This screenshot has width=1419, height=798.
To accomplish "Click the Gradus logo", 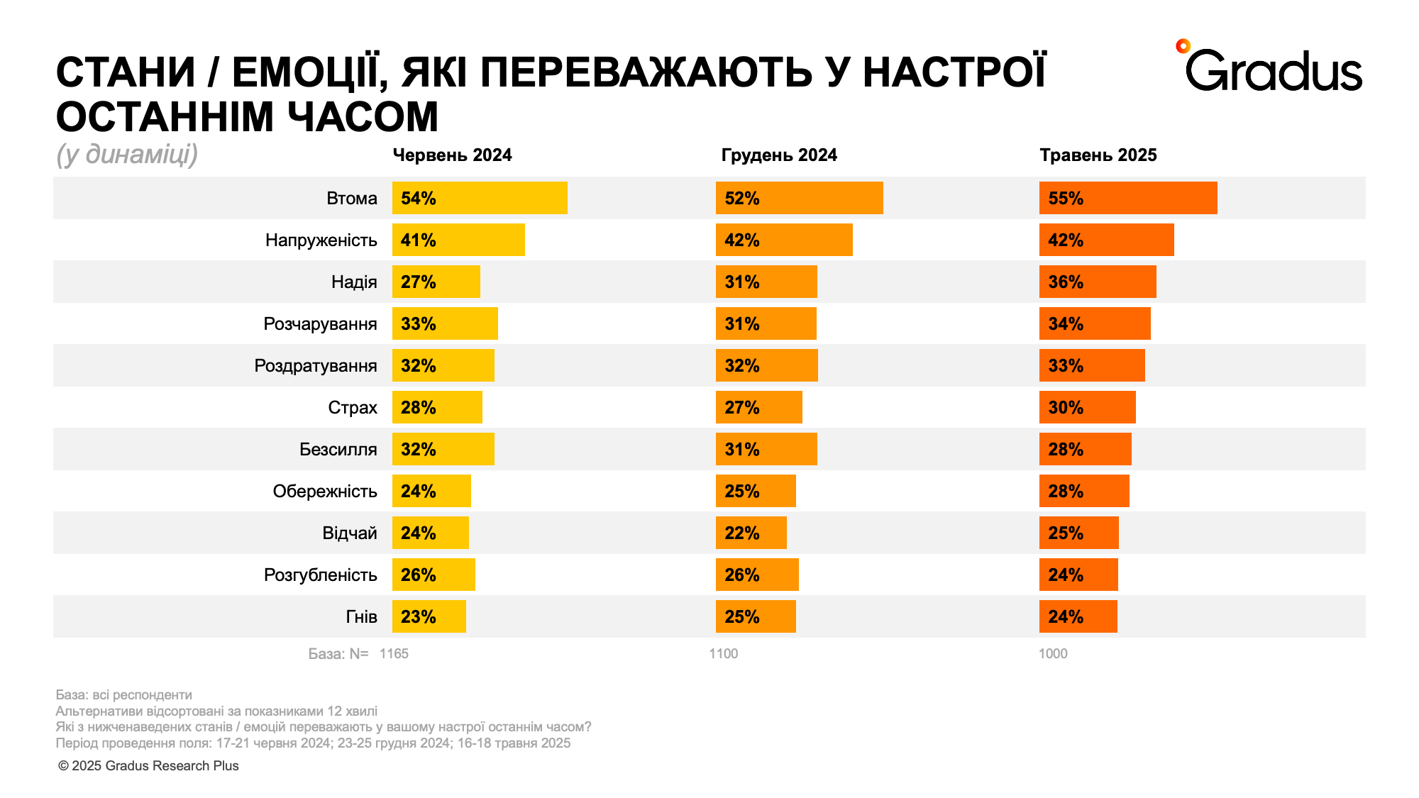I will (1270, 68).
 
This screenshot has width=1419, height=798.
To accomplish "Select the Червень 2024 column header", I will (452, 155).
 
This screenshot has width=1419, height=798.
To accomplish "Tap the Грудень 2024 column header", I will (779, 155).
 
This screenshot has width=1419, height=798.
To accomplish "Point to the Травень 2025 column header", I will (1098, 155).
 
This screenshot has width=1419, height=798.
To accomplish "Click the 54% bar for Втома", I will (480, 198).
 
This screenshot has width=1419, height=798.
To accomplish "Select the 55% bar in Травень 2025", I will (1128, 198).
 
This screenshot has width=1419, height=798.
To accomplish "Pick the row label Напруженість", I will (321, 240).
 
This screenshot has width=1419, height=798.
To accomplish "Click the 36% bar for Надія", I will (1098, 282).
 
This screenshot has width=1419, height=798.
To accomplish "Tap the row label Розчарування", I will (320, 324).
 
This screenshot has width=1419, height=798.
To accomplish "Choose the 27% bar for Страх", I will (758, 407).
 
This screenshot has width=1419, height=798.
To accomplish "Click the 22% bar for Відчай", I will (751, 533).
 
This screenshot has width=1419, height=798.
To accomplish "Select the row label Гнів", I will (361, 616).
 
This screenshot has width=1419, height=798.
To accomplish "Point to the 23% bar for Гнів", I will (429, 616).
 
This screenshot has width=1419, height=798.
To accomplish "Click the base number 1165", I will (394, 653).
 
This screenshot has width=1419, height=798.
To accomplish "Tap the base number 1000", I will (1053, 653).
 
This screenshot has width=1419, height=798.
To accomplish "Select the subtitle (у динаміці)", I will (127, 155).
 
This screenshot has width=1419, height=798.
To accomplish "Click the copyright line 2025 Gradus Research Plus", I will (148, 765).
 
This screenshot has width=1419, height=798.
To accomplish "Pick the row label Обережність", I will (324, 492).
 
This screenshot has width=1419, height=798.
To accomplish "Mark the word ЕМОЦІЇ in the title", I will (309, 73).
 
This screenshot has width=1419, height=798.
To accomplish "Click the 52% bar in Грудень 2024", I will (799, 198).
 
